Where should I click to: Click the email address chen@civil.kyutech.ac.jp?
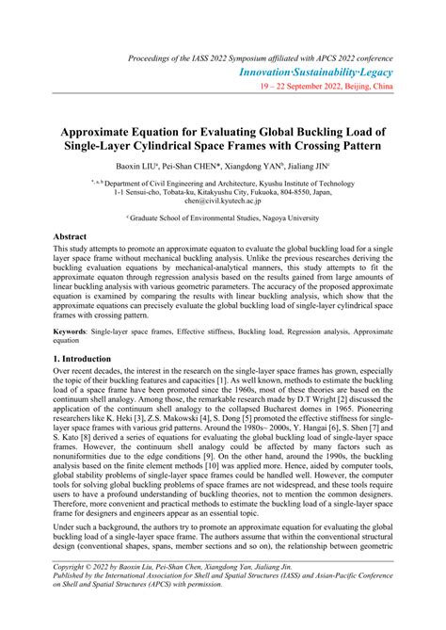pyautogui.click(x=223, y=201)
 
